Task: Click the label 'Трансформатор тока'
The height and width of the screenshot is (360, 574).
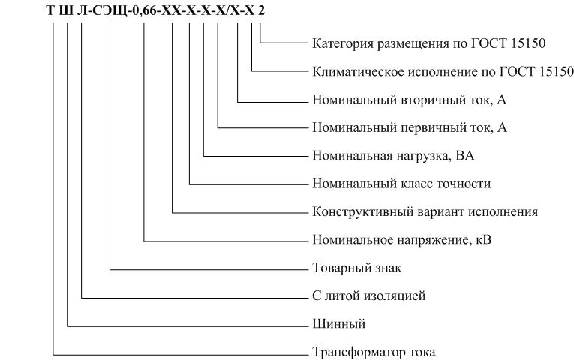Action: point(374,352)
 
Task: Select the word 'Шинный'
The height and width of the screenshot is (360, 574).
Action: point(339,324)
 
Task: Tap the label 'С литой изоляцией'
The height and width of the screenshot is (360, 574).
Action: point(369,295)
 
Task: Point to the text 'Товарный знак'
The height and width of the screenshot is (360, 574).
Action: point(357,268)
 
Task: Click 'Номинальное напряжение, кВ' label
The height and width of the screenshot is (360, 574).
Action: point(402,240)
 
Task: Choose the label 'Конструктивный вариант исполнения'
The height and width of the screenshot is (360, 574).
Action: point(425,211)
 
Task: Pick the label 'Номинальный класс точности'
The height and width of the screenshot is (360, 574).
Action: point(401,184)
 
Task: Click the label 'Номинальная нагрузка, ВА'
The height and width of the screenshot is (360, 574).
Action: point(393,156)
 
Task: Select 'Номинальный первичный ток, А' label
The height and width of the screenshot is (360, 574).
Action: point(410,127)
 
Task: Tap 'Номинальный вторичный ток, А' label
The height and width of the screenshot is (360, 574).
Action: point(409,100)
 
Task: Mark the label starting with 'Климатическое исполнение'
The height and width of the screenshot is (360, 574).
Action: point(443,71)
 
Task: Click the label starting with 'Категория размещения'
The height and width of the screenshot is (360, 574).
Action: point(429,43)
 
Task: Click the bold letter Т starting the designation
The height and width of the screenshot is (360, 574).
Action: point(50,11)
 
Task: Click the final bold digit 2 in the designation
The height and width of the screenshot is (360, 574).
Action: point(261,11)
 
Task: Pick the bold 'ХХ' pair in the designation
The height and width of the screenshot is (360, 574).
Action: point(171,11)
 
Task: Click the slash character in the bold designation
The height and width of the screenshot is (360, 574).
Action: point(227,11)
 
